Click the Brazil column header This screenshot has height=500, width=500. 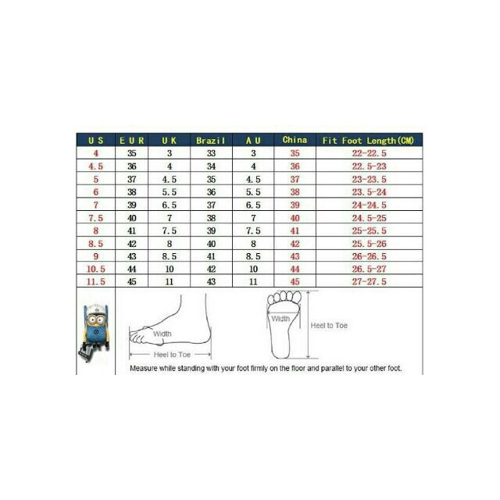coord(211,141)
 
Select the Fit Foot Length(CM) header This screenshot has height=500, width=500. coord(368,141)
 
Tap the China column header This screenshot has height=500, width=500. coord(295,140)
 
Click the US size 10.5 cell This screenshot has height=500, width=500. coord(95,269)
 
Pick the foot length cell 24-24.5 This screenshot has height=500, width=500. coord(369,205)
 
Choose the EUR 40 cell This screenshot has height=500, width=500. coord(132,218)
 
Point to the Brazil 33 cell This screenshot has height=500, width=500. coord(211,153)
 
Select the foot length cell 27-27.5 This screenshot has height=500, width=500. coord(369,281)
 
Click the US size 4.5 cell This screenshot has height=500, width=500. coord(95,166)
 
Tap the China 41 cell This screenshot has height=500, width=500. coord(295,230)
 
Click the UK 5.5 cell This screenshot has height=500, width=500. coord(170,192)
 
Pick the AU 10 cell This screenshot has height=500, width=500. coord(253,269)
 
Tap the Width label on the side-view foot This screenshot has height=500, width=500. coord(162,334)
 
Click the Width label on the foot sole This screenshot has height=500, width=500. coord(280,319)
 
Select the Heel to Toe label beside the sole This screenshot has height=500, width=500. coord(329,326)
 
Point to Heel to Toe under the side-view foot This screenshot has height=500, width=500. coord(172,355)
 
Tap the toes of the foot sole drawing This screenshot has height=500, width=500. coord(284,297)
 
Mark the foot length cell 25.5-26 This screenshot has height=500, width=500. coord(369,244)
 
